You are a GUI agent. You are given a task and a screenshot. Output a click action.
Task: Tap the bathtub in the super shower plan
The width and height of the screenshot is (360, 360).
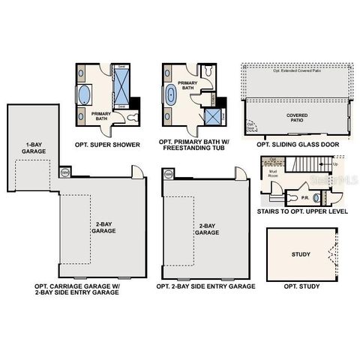[x=85, y=95]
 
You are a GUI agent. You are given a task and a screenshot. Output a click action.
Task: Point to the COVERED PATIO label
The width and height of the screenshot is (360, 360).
[x=297, y=118]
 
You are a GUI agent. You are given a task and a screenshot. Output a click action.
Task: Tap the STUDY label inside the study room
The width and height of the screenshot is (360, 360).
[x=300, y=254]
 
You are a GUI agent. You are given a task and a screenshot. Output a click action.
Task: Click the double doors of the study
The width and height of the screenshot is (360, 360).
[x=330, y=254]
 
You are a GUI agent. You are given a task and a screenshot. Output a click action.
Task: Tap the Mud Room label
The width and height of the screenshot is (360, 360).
[x=273, y=174]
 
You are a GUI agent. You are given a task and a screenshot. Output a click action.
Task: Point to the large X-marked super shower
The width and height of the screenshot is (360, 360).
[x=121, y=88]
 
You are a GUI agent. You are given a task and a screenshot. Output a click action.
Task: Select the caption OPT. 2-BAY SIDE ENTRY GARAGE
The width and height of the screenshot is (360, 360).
[x=205, y=286]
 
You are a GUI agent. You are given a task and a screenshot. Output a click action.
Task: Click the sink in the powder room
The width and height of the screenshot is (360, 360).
[x=316, y=198]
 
